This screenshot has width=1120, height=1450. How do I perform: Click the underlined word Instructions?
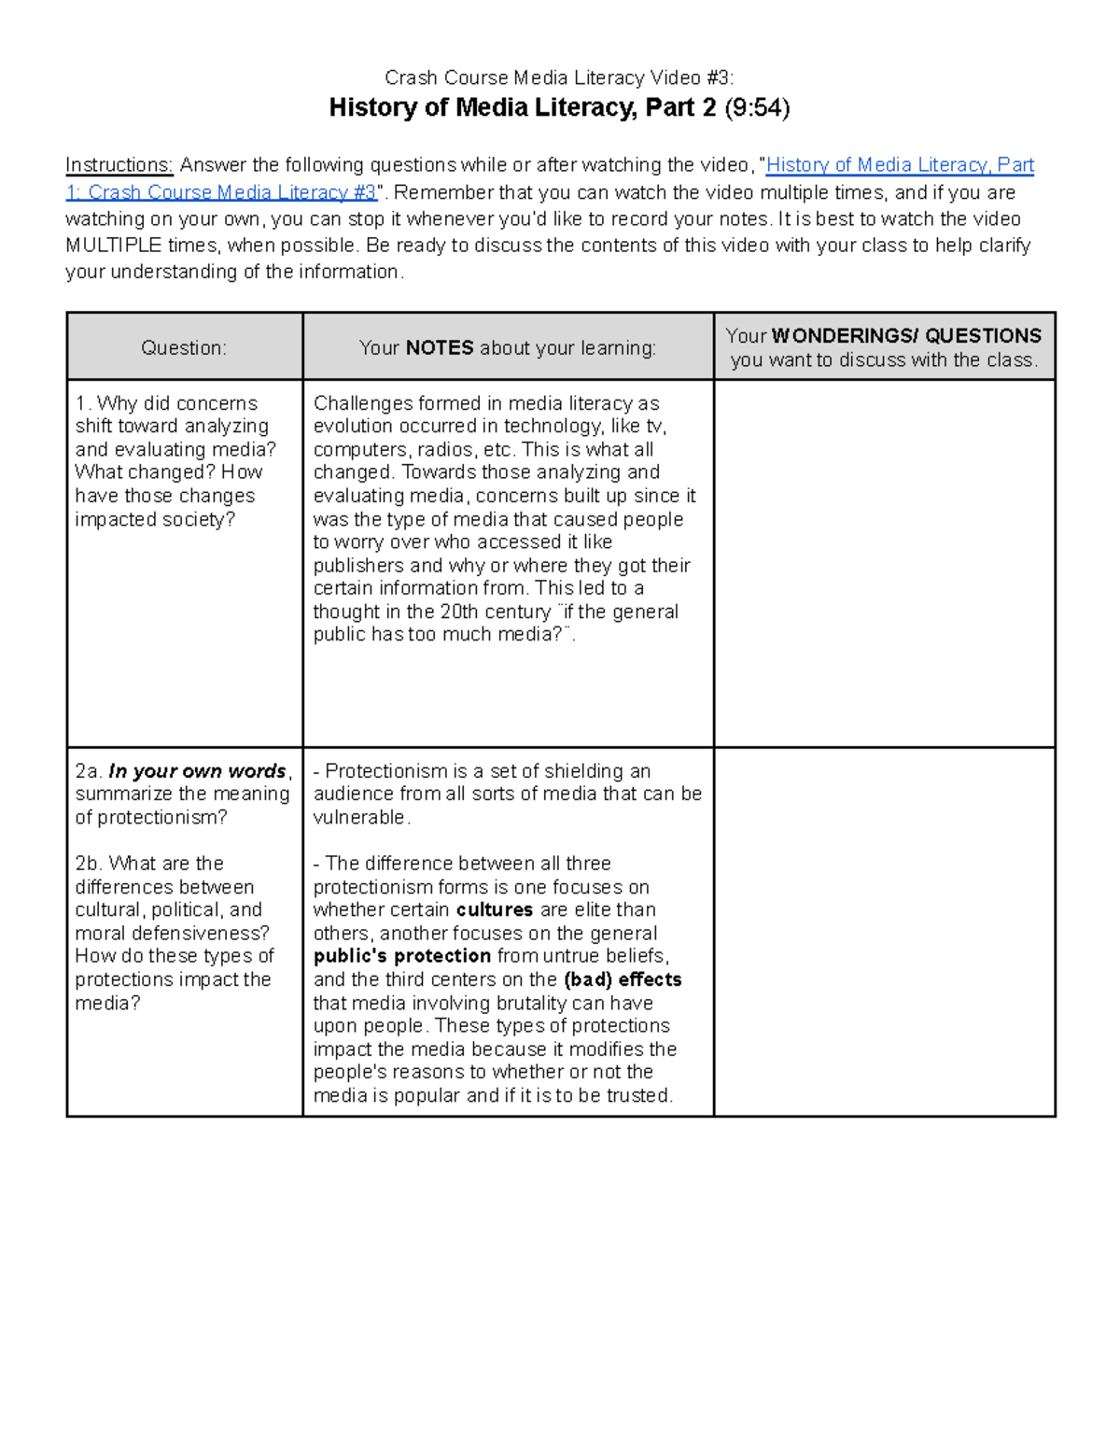119,165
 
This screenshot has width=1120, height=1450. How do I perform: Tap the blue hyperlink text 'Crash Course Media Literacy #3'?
231,192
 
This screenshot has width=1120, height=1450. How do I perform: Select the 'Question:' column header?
184,347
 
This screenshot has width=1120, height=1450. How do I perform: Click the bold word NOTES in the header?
440,347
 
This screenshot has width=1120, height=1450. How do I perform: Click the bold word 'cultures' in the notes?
494,909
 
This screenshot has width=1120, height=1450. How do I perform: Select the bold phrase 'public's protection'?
401,956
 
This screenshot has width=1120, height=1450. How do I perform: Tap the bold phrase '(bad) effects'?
623,979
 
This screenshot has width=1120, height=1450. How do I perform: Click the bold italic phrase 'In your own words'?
197,771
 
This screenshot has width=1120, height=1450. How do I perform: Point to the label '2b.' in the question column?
89,864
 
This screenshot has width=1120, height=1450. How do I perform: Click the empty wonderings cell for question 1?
884,562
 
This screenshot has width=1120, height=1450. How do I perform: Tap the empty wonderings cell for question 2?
884,931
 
